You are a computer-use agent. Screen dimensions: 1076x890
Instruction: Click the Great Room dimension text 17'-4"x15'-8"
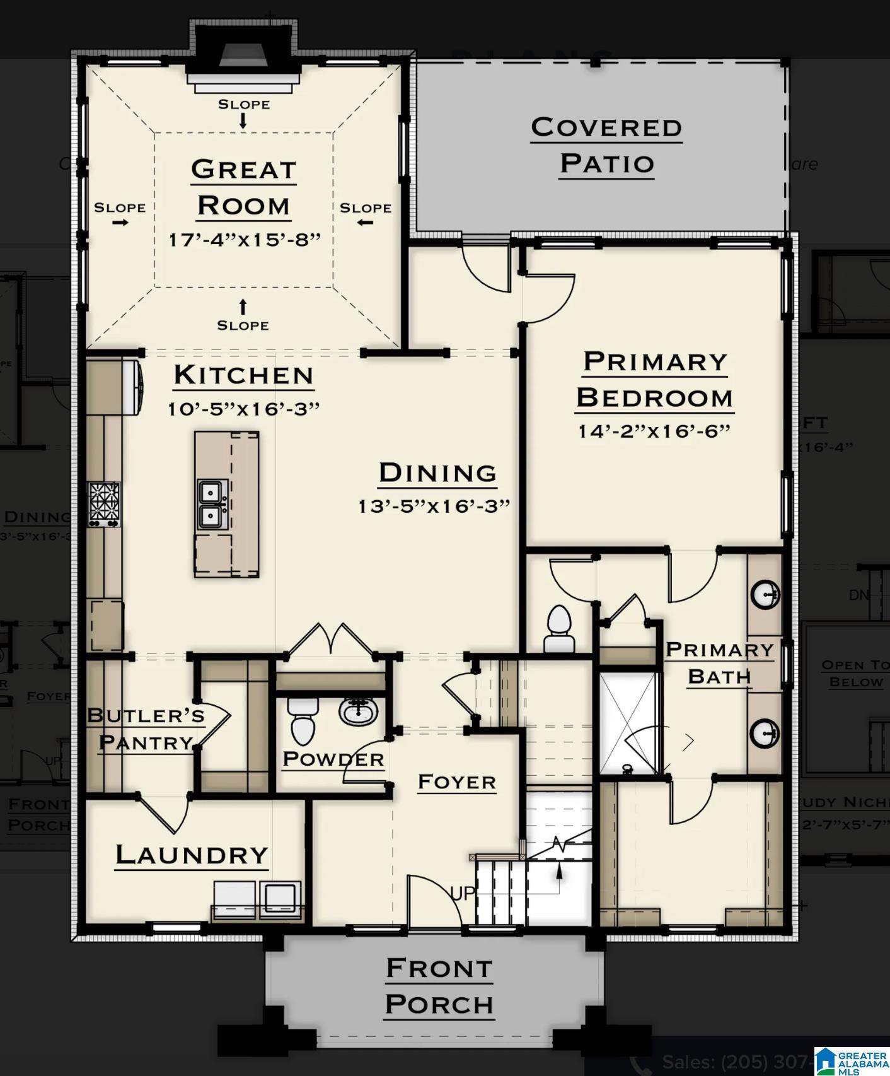click(x=245, y=240)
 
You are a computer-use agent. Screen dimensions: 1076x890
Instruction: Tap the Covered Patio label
click(x=606, y=145)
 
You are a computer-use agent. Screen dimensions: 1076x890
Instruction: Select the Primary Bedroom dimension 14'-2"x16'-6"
click(x=654, y=431)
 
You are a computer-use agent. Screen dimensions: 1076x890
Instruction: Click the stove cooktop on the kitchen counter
click(x=104, y=503)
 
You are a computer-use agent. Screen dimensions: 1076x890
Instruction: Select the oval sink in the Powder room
click(x=359, y=711)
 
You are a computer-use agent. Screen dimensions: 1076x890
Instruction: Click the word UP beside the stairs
click(x=463, y=893)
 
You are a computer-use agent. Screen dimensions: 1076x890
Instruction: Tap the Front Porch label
click(x=439, y=986)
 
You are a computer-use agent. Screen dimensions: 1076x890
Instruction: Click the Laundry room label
click(x=192, y=855)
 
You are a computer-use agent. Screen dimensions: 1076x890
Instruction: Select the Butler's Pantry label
click(x=145, y=728)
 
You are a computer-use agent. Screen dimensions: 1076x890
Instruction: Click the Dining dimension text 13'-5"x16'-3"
click(x=434, y=506)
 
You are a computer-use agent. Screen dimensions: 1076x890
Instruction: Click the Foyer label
click(x=457, y=782)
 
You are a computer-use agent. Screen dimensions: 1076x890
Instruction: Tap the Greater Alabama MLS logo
click(x=851, y=1061)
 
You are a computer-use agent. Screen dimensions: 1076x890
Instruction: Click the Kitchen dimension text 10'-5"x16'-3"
click(x=244, y=409)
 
